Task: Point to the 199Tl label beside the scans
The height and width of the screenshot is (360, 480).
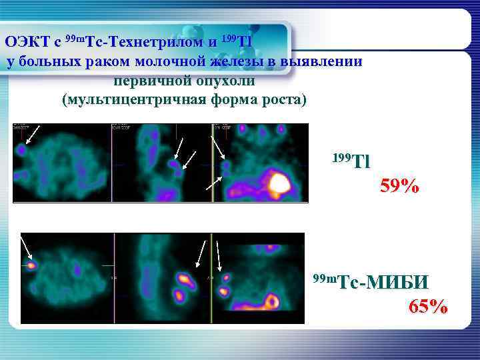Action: point(350,160)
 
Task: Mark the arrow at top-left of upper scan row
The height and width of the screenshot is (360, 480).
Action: point(31,134)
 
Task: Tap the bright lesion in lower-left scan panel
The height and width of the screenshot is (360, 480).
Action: point(31,265)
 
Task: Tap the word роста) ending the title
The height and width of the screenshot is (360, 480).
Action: point(283,101)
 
